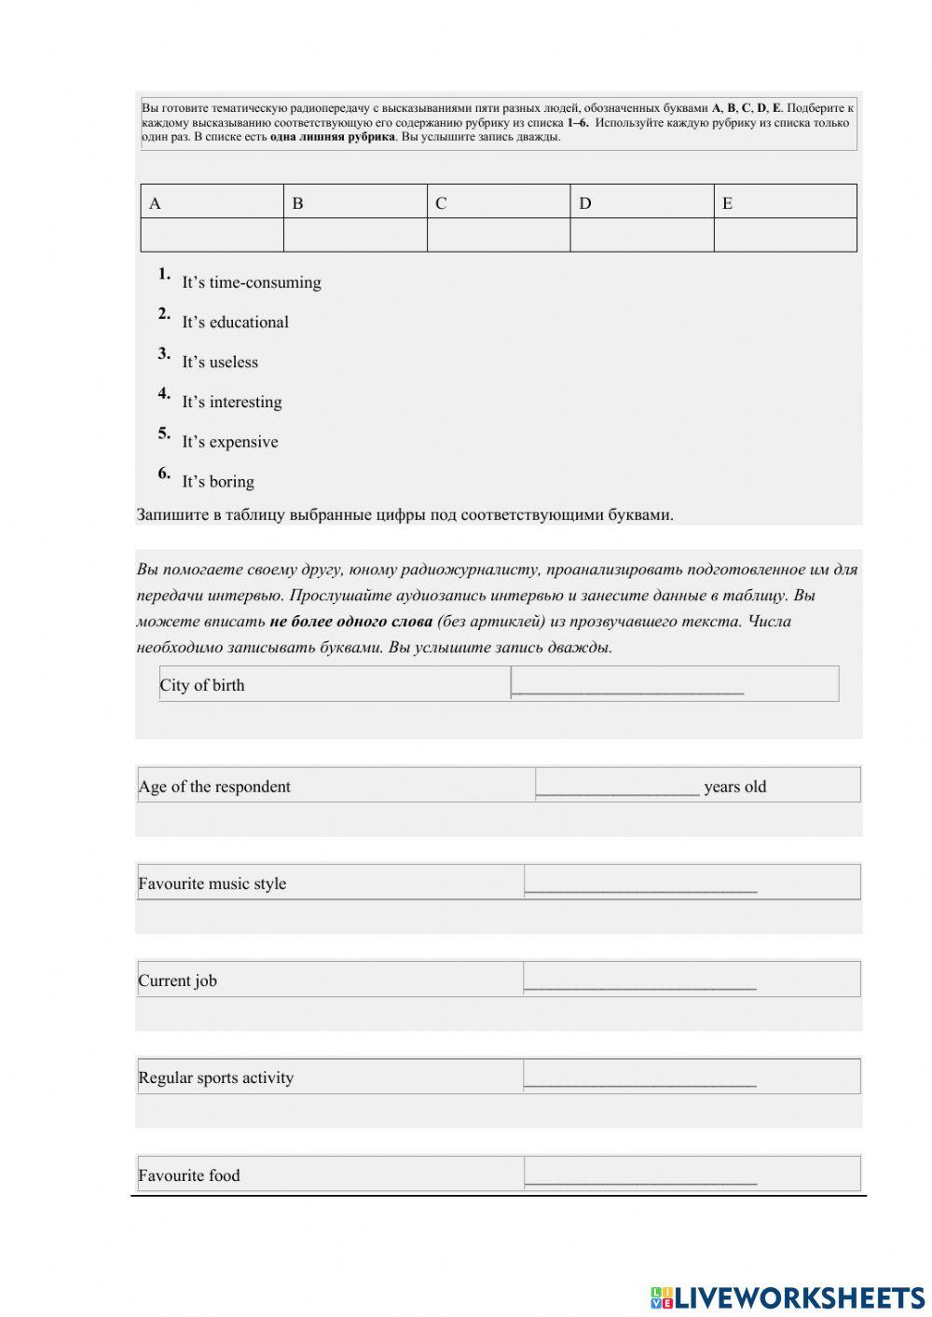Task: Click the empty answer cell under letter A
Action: coord(212,235)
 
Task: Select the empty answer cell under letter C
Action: coord(499,235)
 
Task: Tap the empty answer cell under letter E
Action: coord(785,235)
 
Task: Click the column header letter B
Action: coord(297,203)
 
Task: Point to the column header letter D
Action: coord(584,203)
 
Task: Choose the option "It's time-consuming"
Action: coord(251,282)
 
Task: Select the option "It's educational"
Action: coord(235,322)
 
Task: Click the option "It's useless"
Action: coord(220,363)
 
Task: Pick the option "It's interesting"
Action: coord(231,403)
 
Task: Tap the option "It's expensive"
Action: coord(229,442)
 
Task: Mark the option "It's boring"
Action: coord(218,482)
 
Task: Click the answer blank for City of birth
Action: coord(628,685)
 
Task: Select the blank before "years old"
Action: coord(618,786)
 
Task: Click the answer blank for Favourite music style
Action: coord(640,883)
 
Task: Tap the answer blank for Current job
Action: coord(640,980)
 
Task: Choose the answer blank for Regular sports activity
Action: coord(640,1077)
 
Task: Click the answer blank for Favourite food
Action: coord(640,1174)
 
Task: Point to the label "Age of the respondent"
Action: coord(214,787)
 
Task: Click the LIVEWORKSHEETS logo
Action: coord(788,1297)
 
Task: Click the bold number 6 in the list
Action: coord(163,473)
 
